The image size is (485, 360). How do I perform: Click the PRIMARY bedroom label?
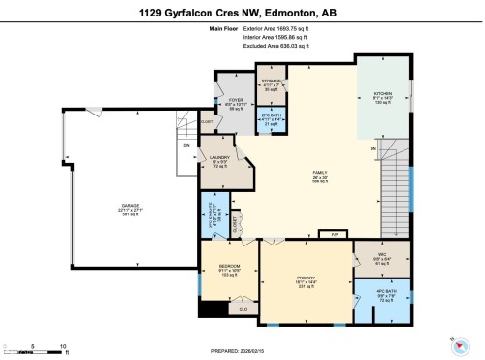click(307, 280)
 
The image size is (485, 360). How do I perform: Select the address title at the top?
click(242, 12)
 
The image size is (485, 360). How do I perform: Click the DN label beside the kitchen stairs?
click(373, 148)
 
